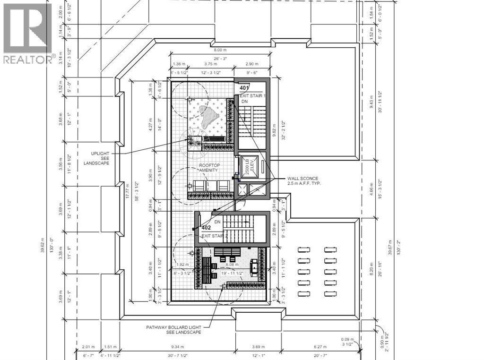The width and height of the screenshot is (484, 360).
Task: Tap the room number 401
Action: tap(244, 88)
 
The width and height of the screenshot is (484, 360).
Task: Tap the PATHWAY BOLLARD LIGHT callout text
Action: tap(173, 329)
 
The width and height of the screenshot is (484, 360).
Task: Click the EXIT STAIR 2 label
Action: tap(215, 235)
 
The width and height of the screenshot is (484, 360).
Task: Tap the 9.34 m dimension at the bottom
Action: tap(178, 346)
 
